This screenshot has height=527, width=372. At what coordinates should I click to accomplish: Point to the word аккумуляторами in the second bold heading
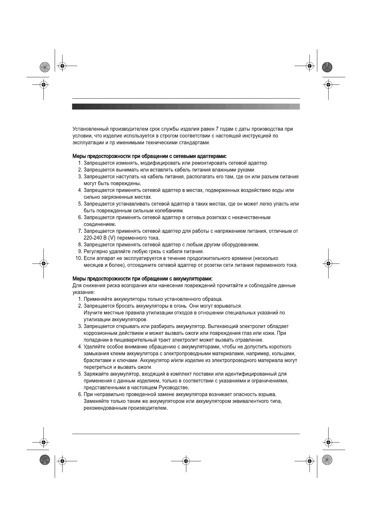coord(194,279)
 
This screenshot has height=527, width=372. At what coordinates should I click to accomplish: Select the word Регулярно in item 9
coord(95,252)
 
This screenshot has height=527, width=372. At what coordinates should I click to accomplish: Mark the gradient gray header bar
coord(186,107)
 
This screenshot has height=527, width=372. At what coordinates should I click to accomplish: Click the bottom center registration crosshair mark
coord(186,461)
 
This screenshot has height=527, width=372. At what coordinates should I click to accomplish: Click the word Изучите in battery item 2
coord(93,313)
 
